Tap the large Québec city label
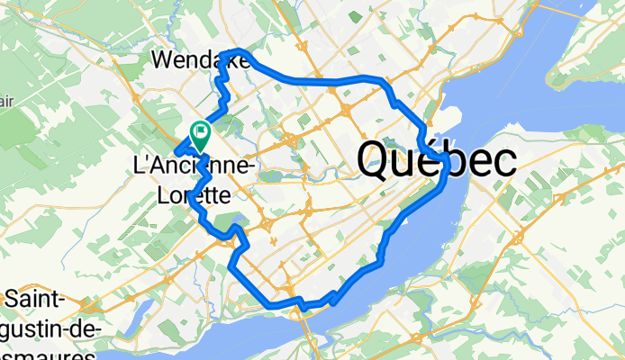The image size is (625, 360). pos(436,160)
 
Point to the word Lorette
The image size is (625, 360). pos(195,193)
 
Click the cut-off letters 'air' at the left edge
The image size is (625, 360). pos(7,100)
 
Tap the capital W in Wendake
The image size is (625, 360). pos(162,59)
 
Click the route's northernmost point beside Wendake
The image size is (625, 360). pos(238,50)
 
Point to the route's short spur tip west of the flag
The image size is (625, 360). pos(177,148)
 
